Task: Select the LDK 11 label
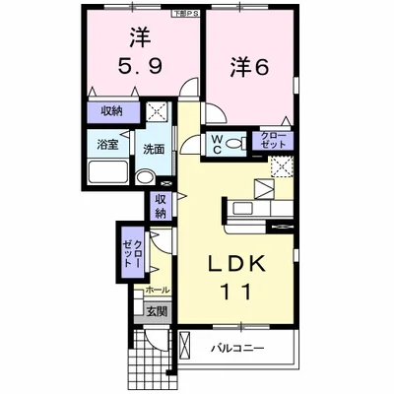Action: (232, 278)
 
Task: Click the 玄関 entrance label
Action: (158, 312)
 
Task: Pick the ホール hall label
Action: (156, 291)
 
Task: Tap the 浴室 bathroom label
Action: (106, 144)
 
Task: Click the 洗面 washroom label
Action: (153, 150)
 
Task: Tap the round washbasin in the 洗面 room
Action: (144, 178)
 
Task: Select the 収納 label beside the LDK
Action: (161, 206)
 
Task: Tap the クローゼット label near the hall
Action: (132, 252)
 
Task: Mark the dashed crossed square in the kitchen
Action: (282, 165)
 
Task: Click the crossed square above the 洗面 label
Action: (157, 112)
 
